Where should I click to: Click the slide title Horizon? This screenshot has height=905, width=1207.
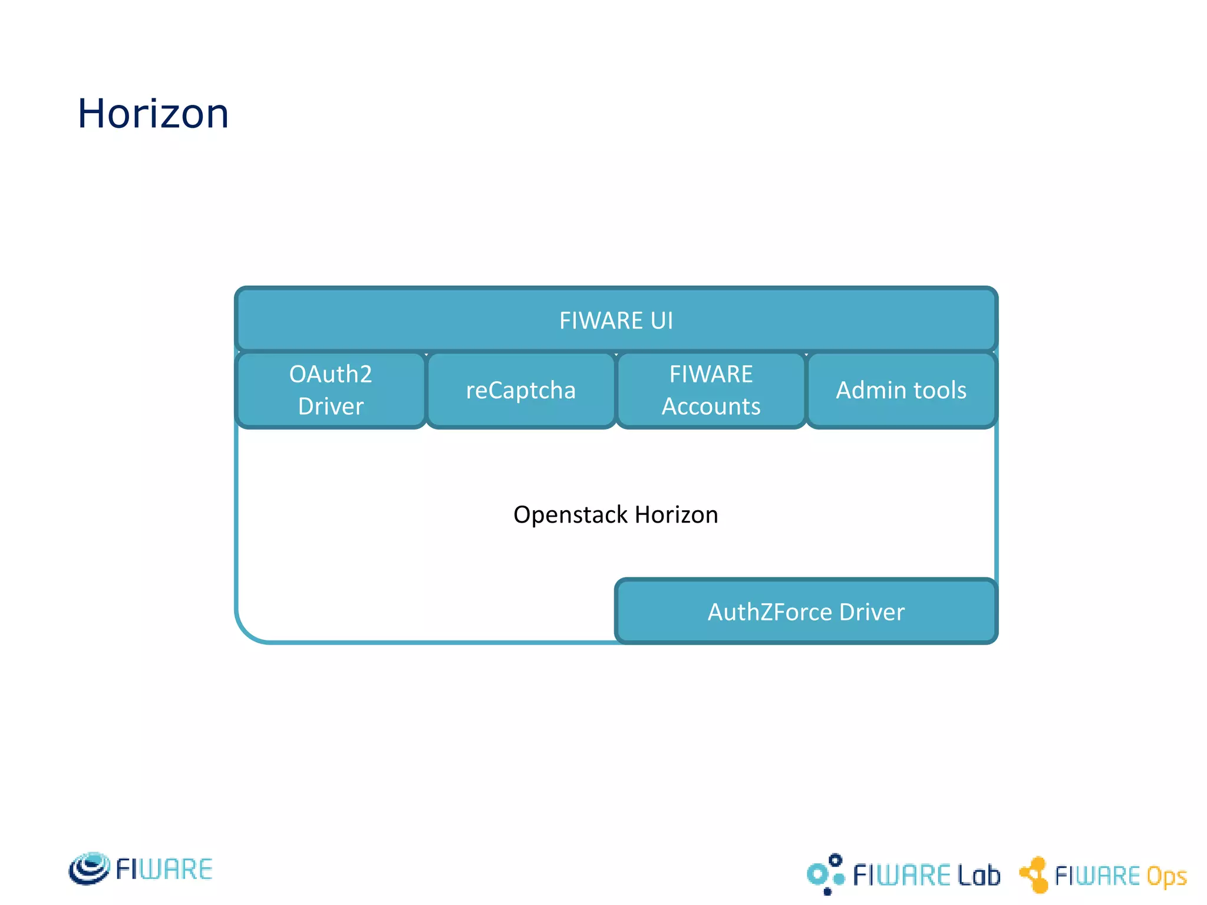153,113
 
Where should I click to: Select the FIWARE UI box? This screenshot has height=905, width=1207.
616,321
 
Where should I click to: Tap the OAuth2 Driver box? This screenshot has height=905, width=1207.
331,390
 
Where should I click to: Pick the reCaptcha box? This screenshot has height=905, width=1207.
521,390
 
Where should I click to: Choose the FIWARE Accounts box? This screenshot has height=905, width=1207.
711,390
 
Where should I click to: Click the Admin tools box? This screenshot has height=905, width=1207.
901,390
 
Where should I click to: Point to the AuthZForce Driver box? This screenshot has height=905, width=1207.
806,612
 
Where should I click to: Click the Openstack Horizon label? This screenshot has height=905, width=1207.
616,514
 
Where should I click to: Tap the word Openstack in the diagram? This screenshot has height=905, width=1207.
570,514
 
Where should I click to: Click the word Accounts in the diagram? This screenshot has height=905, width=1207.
711,407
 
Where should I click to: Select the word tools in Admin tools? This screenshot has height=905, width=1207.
940,390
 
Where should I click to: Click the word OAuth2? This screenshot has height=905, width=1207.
331,374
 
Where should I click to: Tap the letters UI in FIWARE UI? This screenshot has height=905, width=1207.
661,321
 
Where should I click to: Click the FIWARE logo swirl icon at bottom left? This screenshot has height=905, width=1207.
89,868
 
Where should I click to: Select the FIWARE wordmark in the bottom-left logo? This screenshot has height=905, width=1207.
164,870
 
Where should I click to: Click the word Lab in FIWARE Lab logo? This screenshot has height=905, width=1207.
978,876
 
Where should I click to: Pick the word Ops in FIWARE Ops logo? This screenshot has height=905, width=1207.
1166,876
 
